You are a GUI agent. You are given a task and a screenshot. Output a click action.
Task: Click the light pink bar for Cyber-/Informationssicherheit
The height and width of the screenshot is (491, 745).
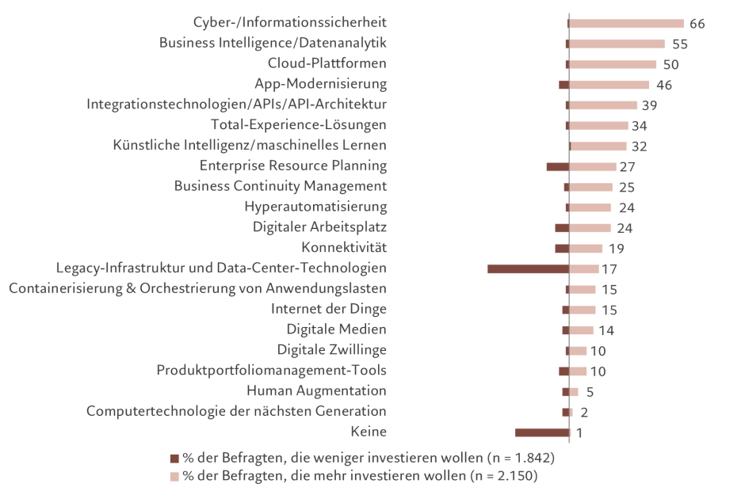coord(626,24)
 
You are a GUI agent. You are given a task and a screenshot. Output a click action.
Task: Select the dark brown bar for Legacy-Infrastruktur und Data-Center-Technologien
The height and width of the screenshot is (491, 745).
coord(528,269)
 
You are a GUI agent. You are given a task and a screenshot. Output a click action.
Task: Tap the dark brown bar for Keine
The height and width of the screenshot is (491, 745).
coord(542,432)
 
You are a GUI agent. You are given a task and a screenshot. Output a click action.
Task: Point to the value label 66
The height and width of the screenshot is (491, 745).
coord(697,24)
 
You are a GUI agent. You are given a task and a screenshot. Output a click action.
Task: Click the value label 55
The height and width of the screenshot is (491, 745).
coord(679,44)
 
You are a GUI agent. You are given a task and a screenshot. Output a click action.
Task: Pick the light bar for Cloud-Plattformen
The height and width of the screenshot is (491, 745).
coord(613,64)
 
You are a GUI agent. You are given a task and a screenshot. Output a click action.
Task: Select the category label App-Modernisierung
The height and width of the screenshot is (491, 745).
coord(320,84)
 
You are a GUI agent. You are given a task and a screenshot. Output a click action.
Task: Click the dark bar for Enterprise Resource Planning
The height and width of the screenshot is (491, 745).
coord(557,166)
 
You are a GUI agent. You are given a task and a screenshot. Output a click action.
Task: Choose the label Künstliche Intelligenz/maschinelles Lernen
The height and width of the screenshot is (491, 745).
coord(250,146)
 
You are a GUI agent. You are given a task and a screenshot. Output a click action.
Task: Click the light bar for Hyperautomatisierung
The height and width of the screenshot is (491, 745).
coord(590,207)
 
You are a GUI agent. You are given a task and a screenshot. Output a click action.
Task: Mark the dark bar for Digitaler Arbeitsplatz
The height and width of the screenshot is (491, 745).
coord(561,228)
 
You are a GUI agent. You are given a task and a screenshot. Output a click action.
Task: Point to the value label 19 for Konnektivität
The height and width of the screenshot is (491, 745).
coord(617,249)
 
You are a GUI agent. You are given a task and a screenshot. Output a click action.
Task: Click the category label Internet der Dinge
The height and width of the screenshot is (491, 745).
coord(329,310)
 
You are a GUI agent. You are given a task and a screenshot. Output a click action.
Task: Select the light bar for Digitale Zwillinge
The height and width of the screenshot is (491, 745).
coord(578,351)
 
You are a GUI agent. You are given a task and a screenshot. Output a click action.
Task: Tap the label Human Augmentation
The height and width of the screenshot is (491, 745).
coord(316,391)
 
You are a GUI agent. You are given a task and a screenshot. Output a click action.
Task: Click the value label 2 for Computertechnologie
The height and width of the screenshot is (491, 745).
coord(584,413)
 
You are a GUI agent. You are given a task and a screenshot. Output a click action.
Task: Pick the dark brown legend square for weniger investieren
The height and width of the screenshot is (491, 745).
coord(174,459)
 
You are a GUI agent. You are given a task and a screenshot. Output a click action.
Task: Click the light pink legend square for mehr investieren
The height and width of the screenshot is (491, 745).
coord(174,477)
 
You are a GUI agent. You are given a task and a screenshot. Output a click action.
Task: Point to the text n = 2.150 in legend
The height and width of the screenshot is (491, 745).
coord(503,477)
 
